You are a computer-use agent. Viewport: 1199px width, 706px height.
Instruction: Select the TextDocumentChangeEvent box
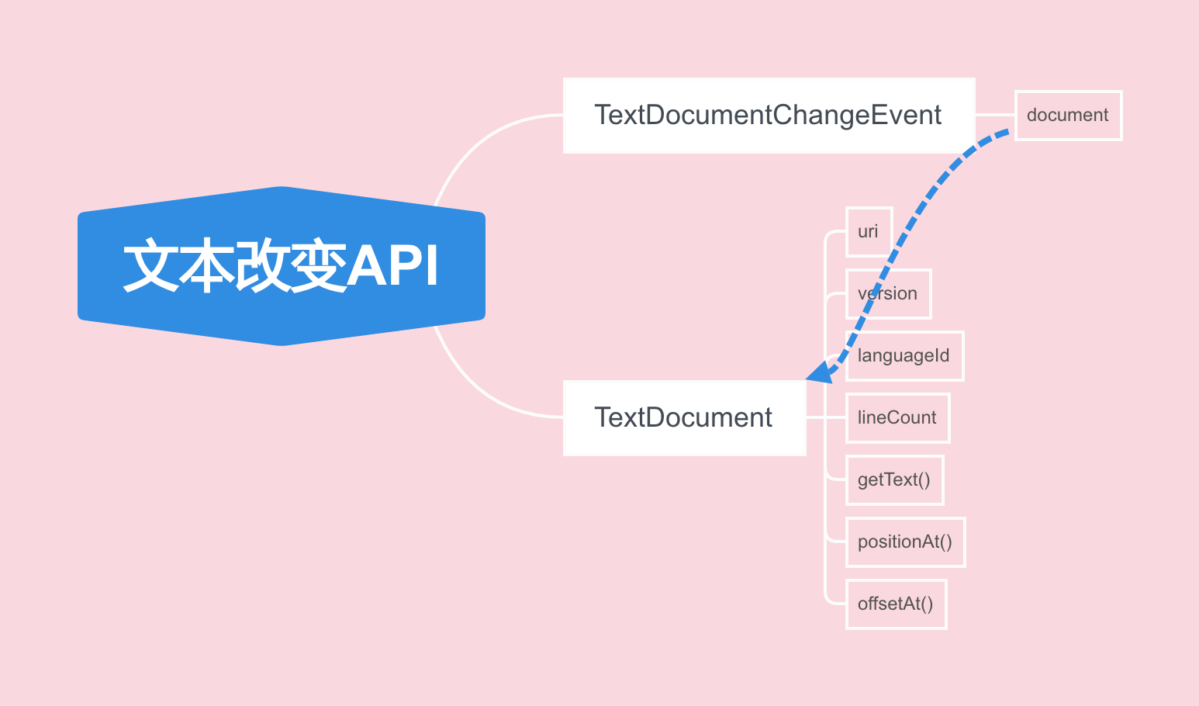coord(768,116)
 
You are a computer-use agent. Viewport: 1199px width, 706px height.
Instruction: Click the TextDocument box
coord(683,418)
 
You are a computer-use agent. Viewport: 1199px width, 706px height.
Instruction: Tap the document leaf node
coord(1068,116)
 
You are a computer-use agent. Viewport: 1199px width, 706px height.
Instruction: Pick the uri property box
coord(868,232)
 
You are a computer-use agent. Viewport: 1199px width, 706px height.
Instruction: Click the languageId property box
coord(904,356)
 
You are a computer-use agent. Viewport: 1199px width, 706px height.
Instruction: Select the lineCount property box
coord(897,418)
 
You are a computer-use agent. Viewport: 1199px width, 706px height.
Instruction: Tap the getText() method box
coord(894,480)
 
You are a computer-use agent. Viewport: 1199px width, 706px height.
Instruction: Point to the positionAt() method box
coord(905,542)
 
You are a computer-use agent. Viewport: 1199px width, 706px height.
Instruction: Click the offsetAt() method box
coord(896,604)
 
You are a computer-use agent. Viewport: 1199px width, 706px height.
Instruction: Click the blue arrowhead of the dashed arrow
coord(820,373)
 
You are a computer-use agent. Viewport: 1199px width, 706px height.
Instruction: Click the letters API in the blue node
coord(393,266)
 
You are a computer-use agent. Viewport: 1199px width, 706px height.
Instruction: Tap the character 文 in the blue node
coord(150,266)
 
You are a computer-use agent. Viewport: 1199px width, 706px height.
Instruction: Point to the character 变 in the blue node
coord(318,266)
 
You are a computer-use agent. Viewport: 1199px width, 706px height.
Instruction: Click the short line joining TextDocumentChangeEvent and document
coord(995,115)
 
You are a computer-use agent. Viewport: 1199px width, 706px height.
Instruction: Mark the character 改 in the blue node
coord(262,266)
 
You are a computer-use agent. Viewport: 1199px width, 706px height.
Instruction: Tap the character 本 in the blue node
coord(206,266)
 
